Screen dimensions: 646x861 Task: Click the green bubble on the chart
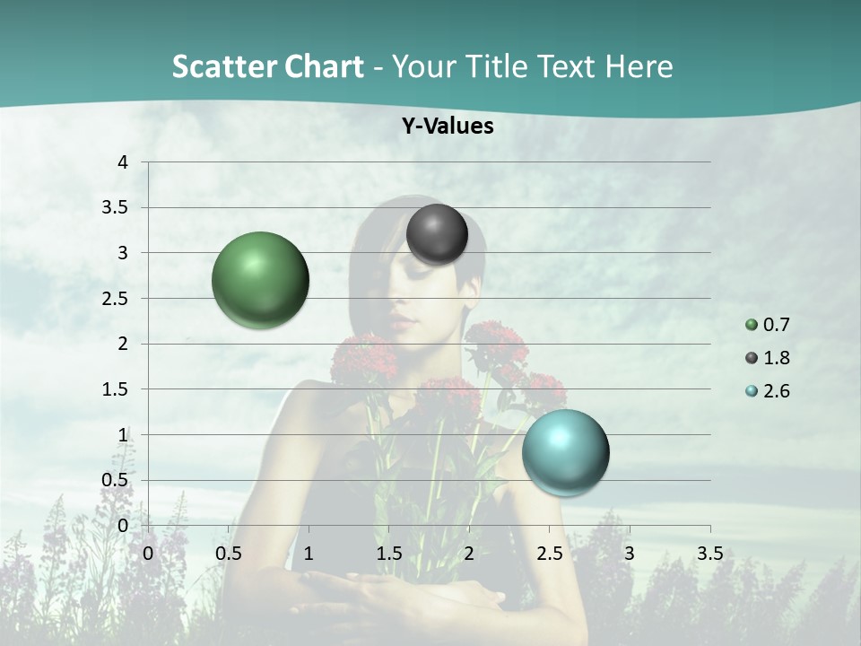[261, 280]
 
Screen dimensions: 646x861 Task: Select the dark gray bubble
[437, 234]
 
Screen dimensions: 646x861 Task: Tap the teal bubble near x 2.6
[565, 452]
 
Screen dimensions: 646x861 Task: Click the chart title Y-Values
[448, 127]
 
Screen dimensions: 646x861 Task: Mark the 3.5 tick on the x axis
[709, 554]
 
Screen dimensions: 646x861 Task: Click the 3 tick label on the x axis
[630, 554]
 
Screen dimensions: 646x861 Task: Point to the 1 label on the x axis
[309, 554]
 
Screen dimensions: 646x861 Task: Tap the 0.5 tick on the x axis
[229, 554]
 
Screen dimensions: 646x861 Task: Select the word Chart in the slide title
[324, 66]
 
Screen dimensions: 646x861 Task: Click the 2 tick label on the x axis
[469, 554]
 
